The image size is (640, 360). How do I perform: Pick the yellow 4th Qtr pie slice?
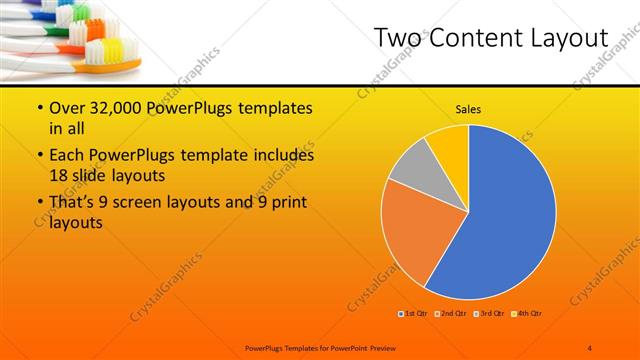pos(450,145)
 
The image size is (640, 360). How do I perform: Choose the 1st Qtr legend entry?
pos(415,314)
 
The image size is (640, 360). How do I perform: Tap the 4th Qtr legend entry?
pos(527,314)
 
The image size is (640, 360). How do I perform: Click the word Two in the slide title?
pos(400,38)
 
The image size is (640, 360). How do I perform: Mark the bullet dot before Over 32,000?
pos(39,107)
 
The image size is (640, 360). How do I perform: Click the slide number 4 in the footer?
pos(590,347)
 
